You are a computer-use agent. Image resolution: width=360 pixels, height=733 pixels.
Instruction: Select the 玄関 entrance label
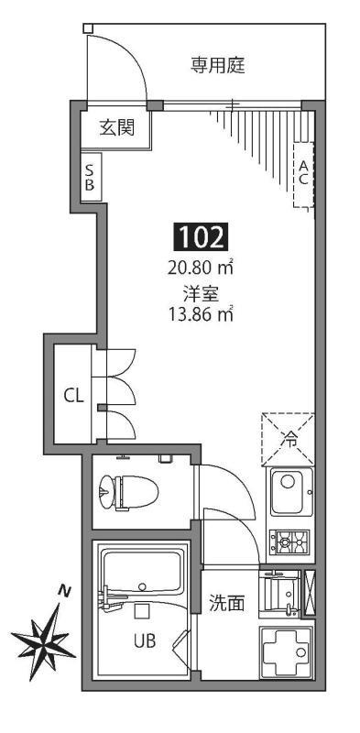tap(117, 127)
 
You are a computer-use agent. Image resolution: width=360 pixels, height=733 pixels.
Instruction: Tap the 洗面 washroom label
tap(226, 603)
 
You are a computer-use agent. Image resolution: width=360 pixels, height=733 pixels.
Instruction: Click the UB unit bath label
tap(143, 641)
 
